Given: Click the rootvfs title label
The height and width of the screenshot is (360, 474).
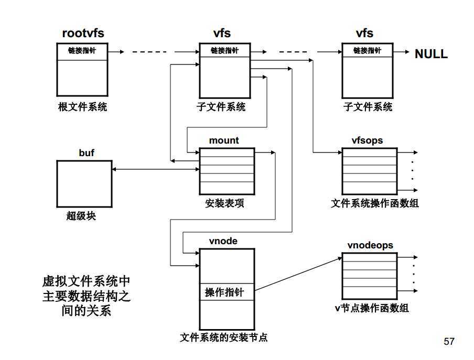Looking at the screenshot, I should click(83, 34).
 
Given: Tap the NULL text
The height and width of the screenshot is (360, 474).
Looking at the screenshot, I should click(431, 54).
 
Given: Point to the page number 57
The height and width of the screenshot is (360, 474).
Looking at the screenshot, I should click(449, 342).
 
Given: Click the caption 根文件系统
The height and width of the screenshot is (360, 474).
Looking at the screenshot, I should click(82, 107).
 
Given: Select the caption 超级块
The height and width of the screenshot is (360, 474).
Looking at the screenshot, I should click(81, 215).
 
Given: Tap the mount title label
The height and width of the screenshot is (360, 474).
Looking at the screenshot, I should click(224, 140).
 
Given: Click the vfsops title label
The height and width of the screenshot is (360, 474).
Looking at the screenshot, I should click(367, 140).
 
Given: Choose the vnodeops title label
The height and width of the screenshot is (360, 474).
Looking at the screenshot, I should click(370, 245).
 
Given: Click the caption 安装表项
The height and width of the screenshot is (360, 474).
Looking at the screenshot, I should click(224, 203).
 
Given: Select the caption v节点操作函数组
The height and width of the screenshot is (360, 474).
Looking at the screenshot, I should click(372, 308).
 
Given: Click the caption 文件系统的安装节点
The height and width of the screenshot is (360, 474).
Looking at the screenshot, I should click(224, 337).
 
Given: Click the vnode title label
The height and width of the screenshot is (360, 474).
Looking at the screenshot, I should click(223, 241).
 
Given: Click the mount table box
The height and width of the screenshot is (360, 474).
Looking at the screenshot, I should click(227, 171).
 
